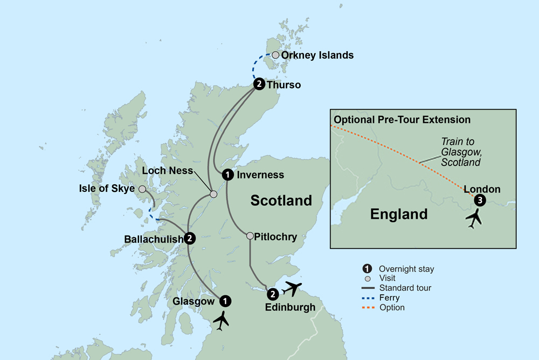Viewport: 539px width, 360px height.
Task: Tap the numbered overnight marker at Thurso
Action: (259, 84)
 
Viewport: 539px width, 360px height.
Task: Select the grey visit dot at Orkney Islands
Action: (276, 55)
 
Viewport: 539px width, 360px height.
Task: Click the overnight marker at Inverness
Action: (228, 174)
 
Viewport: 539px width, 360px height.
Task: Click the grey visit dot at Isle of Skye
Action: (142, 189)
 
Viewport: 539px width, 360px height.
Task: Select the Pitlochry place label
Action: (277, 237)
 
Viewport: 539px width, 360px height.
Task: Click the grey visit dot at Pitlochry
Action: (250, 236)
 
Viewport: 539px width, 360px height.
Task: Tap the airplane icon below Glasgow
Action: (221, 321)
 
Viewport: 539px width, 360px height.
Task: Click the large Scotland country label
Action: (281, 201)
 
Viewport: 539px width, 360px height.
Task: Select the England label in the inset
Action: (399, 214)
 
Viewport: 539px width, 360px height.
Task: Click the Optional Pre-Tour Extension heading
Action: (402, 120)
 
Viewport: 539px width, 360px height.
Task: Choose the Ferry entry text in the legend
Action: (389, 297)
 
